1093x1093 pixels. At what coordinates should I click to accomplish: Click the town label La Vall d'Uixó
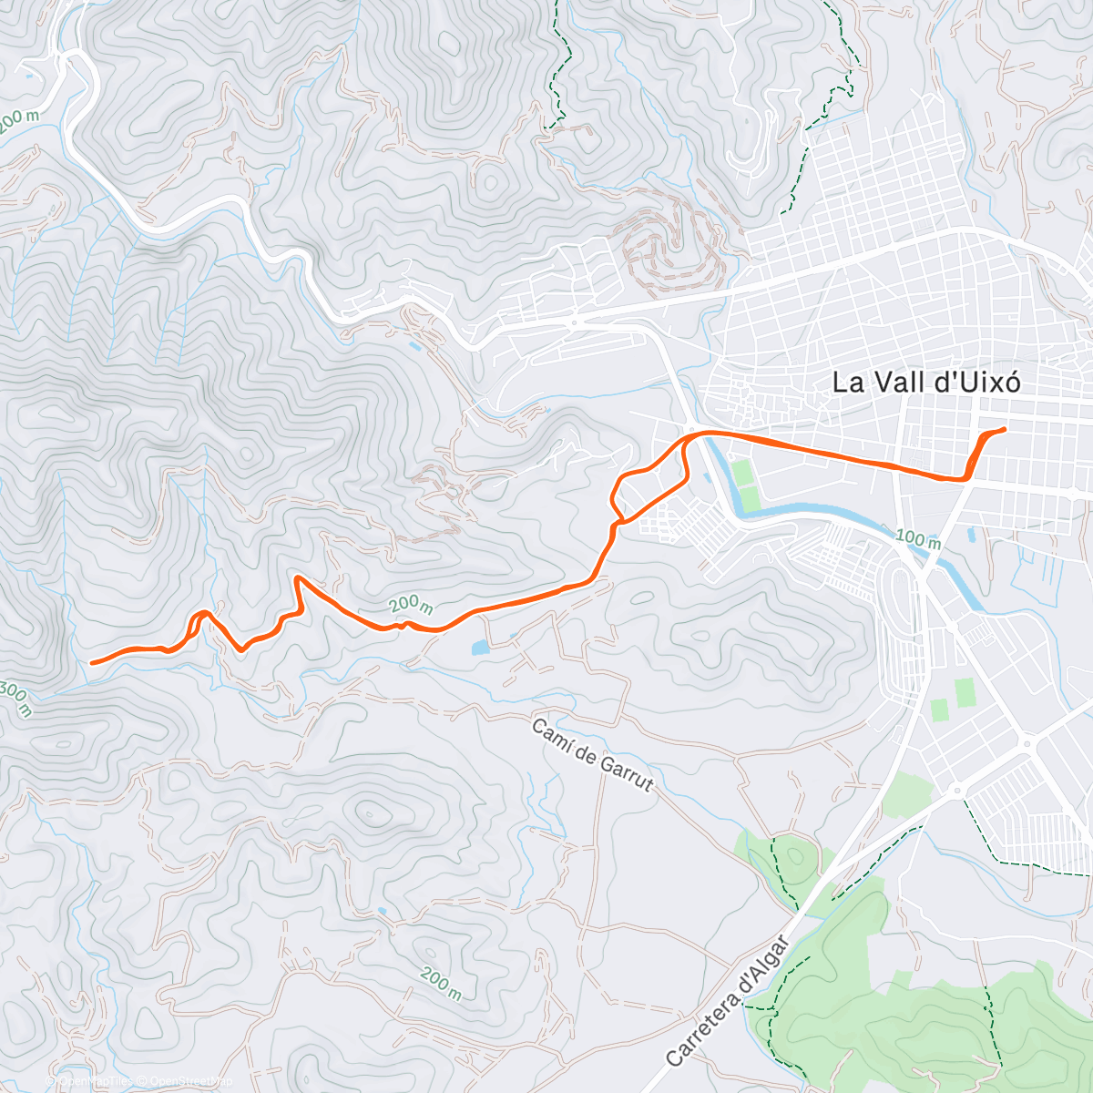tap(925, 383)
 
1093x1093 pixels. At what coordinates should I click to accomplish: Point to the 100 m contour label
tap(917, 539)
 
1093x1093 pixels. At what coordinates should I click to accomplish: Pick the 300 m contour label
tap(15, 699)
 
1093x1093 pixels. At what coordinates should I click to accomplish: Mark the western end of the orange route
tap(92, 662)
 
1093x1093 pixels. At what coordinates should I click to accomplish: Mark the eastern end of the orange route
tap(1004, 429)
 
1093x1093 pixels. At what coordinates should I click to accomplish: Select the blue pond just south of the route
tap(480, 649)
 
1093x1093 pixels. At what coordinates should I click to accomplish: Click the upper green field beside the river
tap(744, 473)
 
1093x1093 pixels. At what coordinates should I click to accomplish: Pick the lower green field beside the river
tap(751, 499)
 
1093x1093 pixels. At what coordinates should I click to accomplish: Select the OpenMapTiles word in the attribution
tap(99, 1081)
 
